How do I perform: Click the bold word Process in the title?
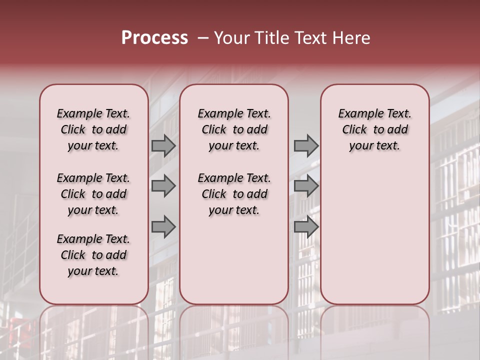tap(154, 38)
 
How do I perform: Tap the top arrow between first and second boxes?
tap(163, 146)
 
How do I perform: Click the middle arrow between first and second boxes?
tap(163, 186)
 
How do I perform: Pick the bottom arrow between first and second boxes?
tap(163, 227)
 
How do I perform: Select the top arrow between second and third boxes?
tap(306, 146)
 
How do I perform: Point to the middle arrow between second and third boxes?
tap(306, 186)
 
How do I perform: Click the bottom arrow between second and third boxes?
tap(306, 227)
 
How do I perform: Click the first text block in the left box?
tap(93, 129)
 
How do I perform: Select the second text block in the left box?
tap(93, 194)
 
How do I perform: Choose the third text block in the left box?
tap(93, 255)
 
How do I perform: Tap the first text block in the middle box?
tap(234, 129)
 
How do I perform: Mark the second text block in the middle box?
tap(234, 194)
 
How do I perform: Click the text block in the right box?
tap(374, 129)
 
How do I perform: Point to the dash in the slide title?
tap(203, 38)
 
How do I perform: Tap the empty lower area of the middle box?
tap(234, 260)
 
